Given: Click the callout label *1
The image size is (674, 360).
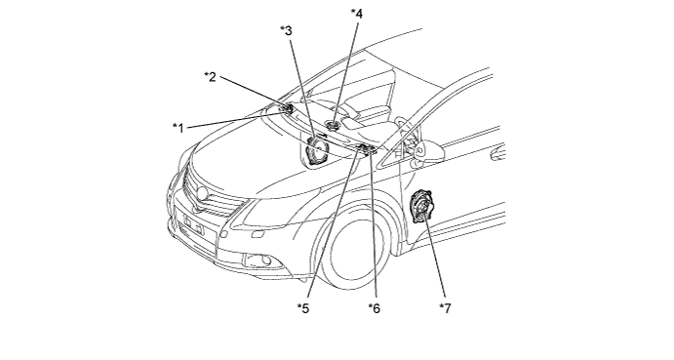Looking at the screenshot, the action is coord(178,128).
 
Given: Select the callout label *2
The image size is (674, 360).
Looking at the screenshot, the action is coord(210,77).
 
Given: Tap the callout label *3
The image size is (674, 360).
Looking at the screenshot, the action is coord(286,30).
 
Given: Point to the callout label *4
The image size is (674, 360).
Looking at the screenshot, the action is coord(356,14).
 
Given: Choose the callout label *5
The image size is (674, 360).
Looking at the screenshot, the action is coord(303,308).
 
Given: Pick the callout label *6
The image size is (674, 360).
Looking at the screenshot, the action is coord(374,308).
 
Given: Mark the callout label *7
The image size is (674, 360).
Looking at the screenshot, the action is coord(445,308).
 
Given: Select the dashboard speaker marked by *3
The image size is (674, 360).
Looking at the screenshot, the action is coord(317,150).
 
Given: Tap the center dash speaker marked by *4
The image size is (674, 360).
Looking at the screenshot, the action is coord(333,126).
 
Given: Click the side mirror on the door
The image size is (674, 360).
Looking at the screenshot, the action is coord(425,150).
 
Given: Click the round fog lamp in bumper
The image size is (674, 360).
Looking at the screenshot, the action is coord(266,260).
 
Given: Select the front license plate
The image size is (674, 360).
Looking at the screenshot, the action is coord(193,223).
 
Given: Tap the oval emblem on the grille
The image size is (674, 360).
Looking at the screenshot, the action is coord(202,193).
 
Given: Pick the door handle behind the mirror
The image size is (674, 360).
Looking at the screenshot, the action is coord(497,153).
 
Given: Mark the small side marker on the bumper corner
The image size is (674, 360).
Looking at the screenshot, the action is coord(223,235).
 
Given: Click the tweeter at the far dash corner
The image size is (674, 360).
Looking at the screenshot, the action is coord(286,108).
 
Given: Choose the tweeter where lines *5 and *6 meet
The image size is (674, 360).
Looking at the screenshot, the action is coord(366,149).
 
